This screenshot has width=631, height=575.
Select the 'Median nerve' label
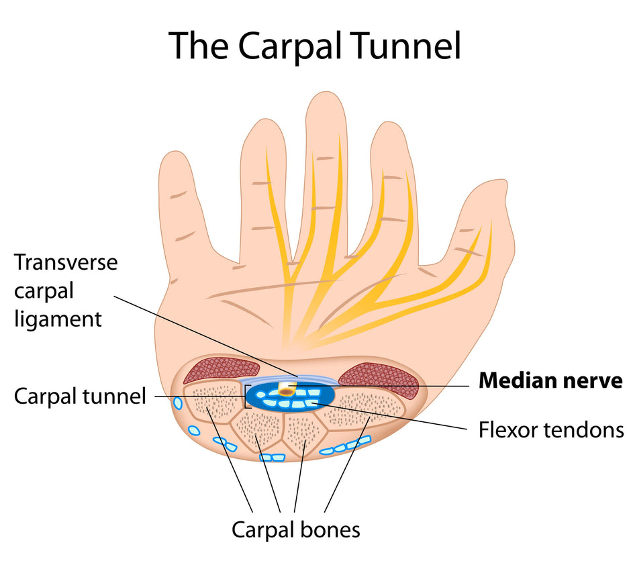(550, 380)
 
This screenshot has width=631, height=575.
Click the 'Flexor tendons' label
(550, 429)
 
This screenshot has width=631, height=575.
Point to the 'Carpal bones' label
(296, 529)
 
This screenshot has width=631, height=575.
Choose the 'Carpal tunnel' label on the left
(79, 397)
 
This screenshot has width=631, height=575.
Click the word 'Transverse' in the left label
(66, 262)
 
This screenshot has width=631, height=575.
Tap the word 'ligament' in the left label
(58, 319)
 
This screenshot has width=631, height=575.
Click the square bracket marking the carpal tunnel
(246, 397)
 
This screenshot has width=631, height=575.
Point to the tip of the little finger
(176, 161)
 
